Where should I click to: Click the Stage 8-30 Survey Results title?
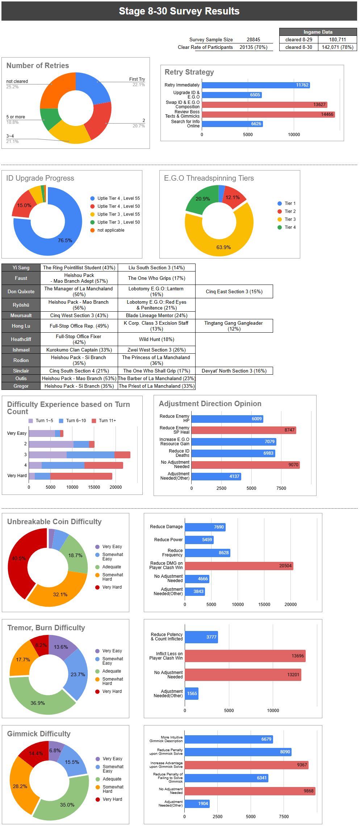pos(179,11)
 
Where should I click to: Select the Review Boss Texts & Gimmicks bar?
pos(268,114)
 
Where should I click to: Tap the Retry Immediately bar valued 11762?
pos(256,85)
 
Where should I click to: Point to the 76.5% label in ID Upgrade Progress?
pos(65,240)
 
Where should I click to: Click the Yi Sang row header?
pos(21,268)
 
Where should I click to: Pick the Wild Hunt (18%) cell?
pos(156,339)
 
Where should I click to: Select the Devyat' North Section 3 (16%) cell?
pos(234,371)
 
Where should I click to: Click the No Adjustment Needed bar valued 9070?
pos(245,465)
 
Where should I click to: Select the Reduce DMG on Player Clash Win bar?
pos(239,566)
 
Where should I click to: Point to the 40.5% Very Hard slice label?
pos(19,558)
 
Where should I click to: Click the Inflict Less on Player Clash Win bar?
pos(245,656)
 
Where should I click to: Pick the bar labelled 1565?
pos(192,694)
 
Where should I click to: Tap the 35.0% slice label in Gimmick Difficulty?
pos(67,805)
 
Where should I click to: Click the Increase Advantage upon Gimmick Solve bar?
pos(246,765)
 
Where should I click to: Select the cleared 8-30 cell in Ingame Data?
pos(298,47)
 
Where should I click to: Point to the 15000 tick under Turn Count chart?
pos(94,487)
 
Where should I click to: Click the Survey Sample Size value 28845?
pos(253,39)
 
